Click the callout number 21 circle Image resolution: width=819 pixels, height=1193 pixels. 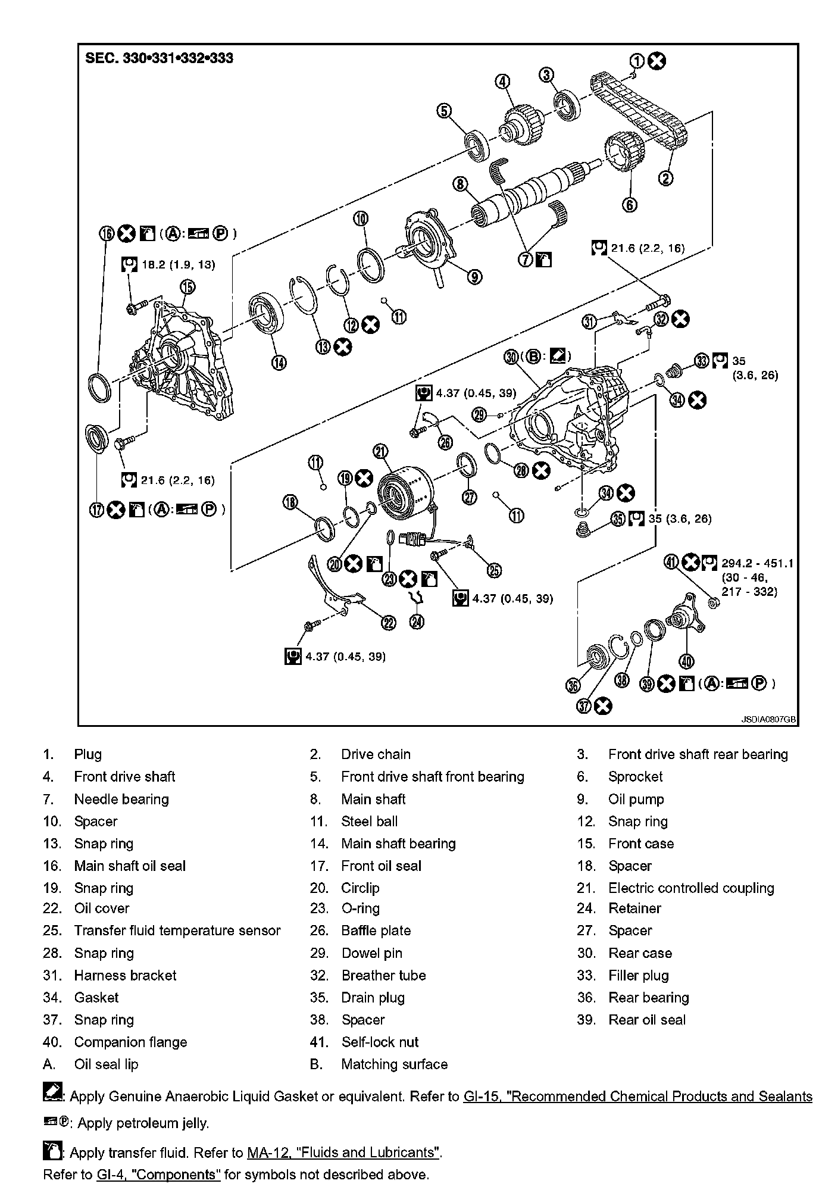[380, 452]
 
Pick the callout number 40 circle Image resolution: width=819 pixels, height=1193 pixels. [686, 661]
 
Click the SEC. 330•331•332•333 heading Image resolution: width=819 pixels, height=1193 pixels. [160, 58]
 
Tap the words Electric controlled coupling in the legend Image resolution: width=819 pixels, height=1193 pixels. [691, 888]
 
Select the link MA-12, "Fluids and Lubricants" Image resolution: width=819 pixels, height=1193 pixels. [343, 1153]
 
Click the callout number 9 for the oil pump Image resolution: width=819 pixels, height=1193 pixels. [474, 277]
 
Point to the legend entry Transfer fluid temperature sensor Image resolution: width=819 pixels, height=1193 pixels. [177, 930]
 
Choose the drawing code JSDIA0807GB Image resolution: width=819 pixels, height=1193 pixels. [768, 719]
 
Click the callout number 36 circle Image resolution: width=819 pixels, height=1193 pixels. [573, 685]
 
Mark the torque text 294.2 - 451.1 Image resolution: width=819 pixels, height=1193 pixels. [757, 563]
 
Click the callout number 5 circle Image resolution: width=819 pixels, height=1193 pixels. [444, 111]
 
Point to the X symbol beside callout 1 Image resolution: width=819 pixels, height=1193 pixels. [657, 61]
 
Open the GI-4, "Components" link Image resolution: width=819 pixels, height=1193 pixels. [158, 1175]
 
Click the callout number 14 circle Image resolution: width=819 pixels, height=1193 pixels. [279, 361]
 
